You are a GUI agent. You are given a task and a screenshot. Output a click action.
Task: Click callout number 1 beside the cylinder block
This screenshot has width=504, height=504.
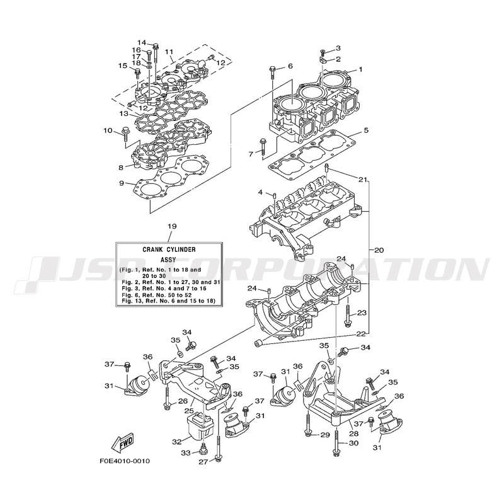[x=361, y=70]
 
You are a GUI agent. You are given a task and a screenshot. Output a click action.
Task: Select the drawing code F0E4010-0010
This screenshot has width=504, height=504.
[x=124, y=478]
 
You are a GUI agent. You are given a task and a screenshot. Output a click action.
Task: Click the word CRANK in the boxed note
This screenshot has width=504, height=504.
[x=152, y=249]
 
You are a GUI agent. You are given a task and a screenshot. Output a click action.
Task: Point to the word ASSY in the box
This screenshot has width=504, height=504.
[x=168, y=259]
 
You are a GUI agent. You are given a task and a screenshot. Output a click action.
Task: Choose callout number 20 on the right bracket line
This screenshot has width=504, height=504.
[x=378, y=250]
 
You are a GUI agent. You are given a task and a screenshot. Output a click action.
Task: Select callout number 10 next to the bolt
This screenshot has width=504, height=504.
[x=108, y=130]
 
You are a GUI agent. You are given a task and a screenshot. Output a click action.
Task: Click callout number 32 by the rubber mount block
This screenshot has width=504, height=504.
[x=177, y=441]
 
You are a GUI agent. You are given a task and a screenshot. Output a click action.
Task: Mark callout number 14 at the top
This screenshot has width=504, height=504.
[x=142, y=42]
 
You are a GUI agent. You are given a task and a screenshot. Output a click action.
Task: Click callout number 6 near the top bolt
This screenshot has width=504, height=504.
[x=290, y=66]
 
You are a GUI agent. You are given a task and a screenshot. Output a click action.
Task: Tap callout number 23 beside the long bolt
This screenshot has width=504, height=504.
[x=362, y=312]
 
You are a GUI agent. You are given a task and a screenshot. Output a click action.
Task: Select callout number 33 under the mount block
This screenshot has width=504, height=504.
[x=185, y=452]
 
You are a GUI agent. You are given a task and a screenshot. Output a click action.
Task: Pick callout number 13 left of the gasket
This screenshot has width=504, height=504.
[x=124, y=115]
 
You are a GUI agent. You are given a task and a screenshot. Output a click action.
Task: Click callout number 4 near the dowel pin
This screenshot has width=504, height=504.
[x=260, y=192]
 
